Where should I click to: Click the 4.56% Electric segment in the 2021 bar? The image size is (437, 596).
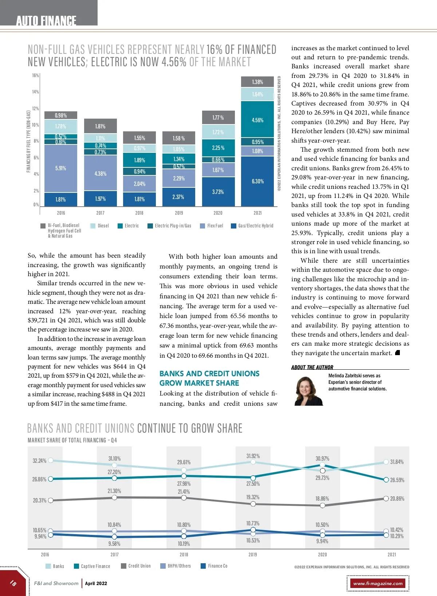pos(257,120)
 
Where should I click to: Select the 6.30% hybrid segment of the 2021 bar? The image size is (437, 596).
pos(257,181)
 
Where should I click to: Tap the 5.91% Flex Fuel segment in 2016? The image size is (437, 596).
pos(61,168)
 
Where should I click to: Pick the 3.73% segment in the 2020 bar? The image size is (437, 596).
pos(218,192)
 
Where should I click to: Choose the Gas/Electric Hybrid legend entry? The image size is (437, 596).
pos(252,226)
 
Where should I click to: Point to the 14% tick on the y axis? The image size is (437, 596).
pos(35,92)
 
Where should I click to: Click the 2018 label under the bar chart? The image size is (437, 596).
pos(139,213)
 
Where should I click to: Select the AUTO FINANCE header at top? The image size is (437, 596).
pos(46,20)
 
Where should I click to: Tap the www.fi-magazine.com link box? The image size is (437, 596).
pos(378,583)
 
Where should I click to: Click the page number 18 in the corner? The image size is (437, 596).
pos(13,583)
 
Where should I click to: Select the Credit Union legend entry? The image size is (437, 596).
pos(136,566)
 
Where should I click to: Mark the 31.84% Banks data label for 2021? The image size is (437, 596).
pos(397,462)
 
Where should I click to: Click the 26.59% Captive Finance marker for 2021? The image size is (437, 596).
pos(386,480)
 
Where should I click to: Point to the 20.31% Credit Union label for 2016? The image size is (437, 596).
pos(40,501)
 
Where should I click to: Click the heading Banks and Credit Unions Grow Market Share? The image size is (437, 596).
pos(209,378)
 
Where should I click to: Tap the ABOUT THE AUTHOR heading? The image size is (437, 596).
pos(312,367)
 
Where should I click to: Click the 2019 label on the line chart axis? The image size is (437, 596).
pos(253,555)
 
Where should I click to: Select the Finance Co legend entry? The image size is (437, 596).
pos(214,566)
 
